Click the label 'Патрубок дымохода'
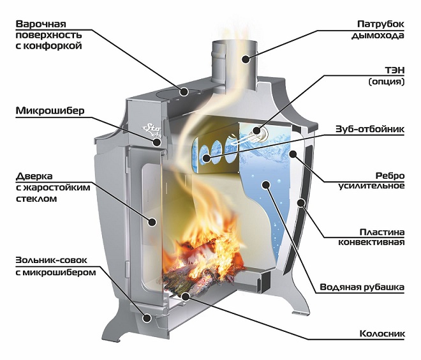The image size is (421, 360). [x=378, y=29]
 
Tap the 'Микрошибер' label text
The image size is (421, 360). [x=50, y=110]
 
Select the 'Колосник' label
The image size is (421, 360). [x=382, y=334]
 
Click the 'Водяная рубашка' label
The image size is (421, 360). [x=362, y=287]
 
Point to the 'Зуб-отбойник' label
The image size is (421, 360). [x=370, y=129]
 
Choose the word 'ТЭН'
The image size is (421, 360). [x=395, y=70]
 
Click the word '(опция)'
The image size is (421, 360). [x=387, y=82]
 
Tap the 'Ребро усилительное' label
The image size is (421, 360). [x=371, y=181]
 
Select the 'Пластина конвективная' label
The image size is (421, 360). [x=371, y=237]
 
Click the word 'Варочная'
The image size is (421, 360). [x=41, y=24]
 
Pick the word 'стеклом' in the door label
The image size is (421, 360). [x=36, y=199]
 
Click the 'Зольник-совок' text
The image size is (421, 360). [x=51, y=260]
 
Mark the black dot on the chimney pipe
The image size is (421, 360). [x=245, y=59]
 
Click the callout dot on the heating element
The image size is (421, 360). [x=256, y=131]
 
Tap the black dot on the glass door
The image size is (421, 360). [x=152, y=222]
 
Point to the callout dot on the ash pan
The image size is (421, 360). [x=146, y=318]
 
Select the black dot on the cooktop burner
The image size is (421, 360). [x=184, y=92]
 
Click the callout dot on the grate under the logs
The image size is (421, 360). [x=185, y=296]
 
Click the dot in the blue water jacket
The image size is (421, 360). [x=266, y=184]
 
